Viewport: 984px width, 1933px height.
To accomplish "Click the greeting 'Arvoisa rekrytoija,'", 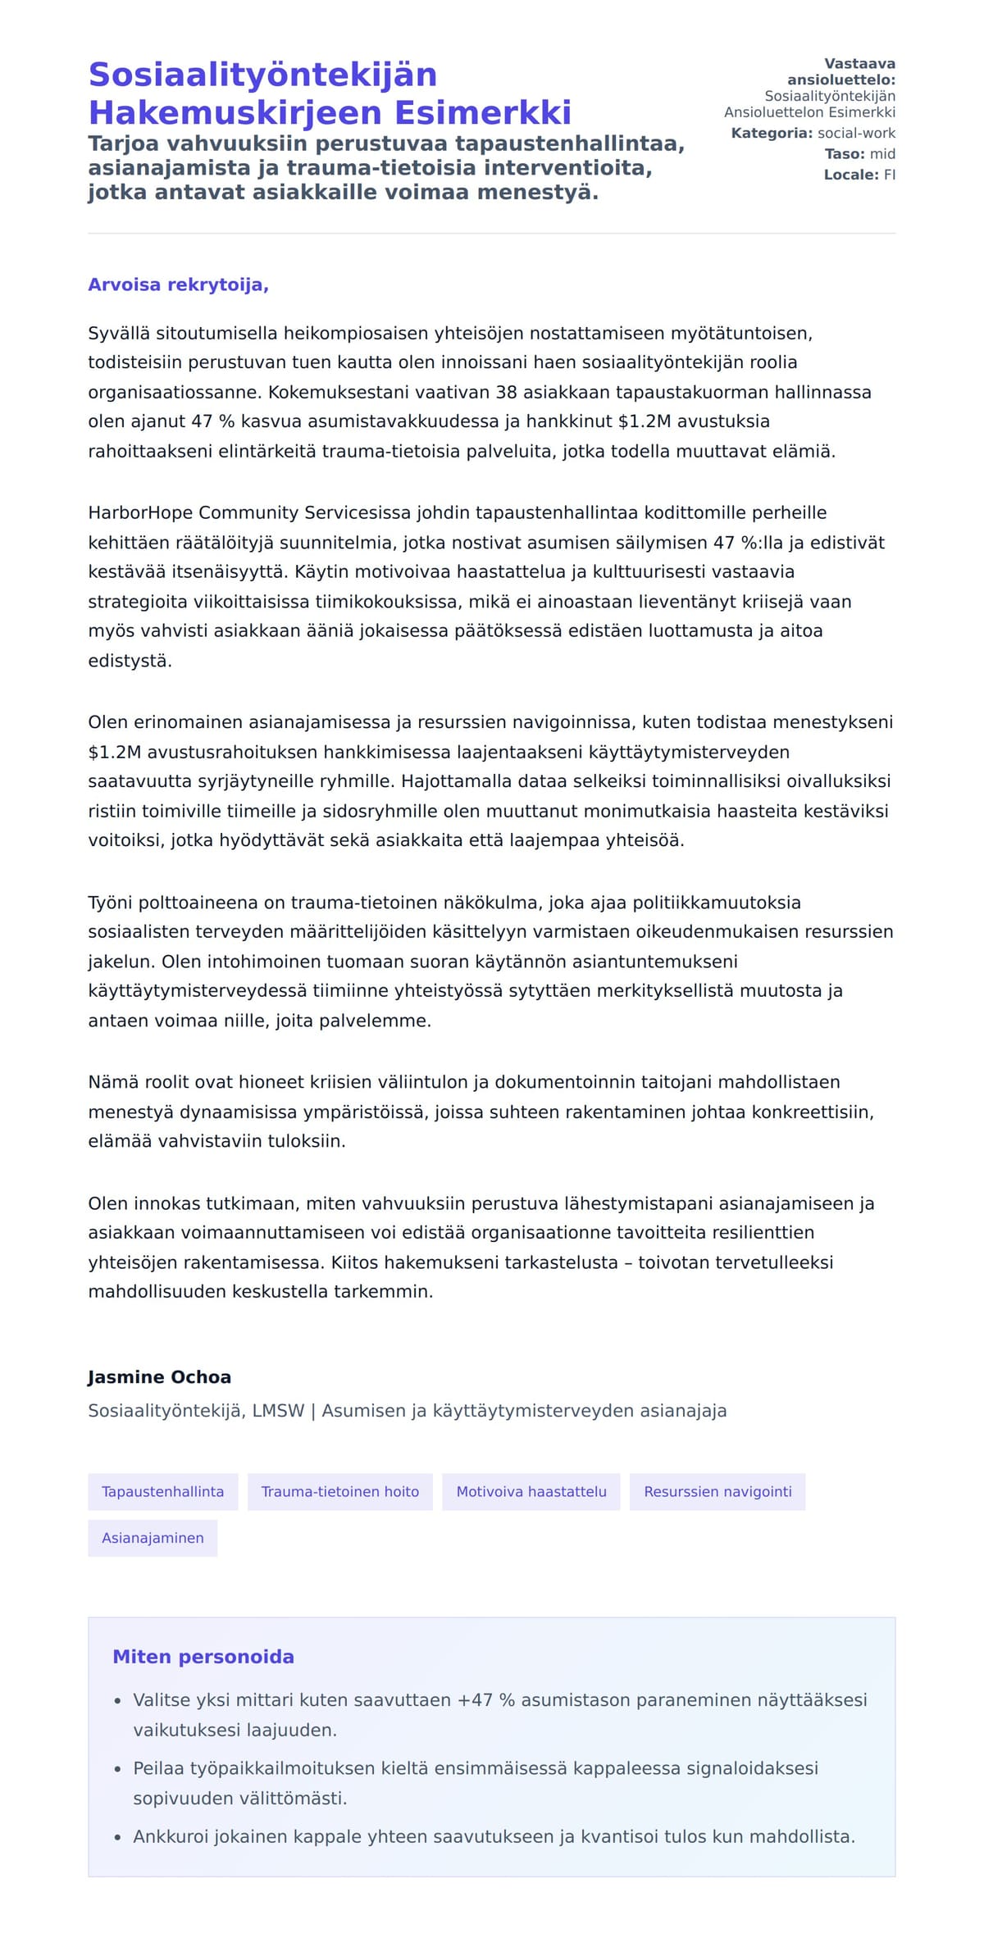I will (x=178, y=284).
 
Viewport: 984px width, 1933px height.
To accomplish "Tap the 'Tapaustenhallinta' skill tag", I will (x=162, y=1491).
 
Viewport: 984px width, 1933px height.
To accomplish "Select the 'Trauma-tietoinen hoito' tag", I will (x=339, y=1491).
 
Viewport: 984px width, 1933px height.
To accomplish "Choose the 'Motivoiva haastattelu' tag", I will (x=531, y=1491).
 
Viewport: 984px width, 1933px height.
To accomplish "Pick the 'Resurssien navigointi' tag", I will (x=717, y=1491).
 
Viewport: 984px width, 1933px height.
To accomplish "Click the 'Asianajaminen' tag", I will (x=153, y=1538).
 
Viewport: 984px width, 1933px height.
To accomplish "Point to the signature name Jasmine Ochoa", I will (x=159, y=1377).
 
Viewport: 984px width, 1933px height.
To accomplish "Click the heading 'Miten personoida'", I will (x=203, y=1657).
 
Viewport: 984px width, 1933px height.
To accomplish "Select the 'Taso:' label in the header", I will (x=845, y=154).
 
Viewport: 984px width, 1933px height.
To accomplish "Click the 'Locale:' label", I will (x=851, y=175).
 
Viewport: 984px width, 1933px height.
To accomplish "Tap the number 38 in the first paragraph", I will (x=506, y=392).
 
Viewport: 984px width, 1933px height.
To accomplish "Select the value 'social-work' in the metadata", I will (x=856, y=133).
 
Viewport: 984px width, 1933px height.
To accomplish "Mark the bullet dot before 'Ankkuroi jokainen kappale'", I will (x=118, y=1837).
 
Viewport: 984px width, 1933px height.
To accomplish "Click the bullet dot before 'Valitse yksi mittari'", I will (x=118, y=1701).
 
